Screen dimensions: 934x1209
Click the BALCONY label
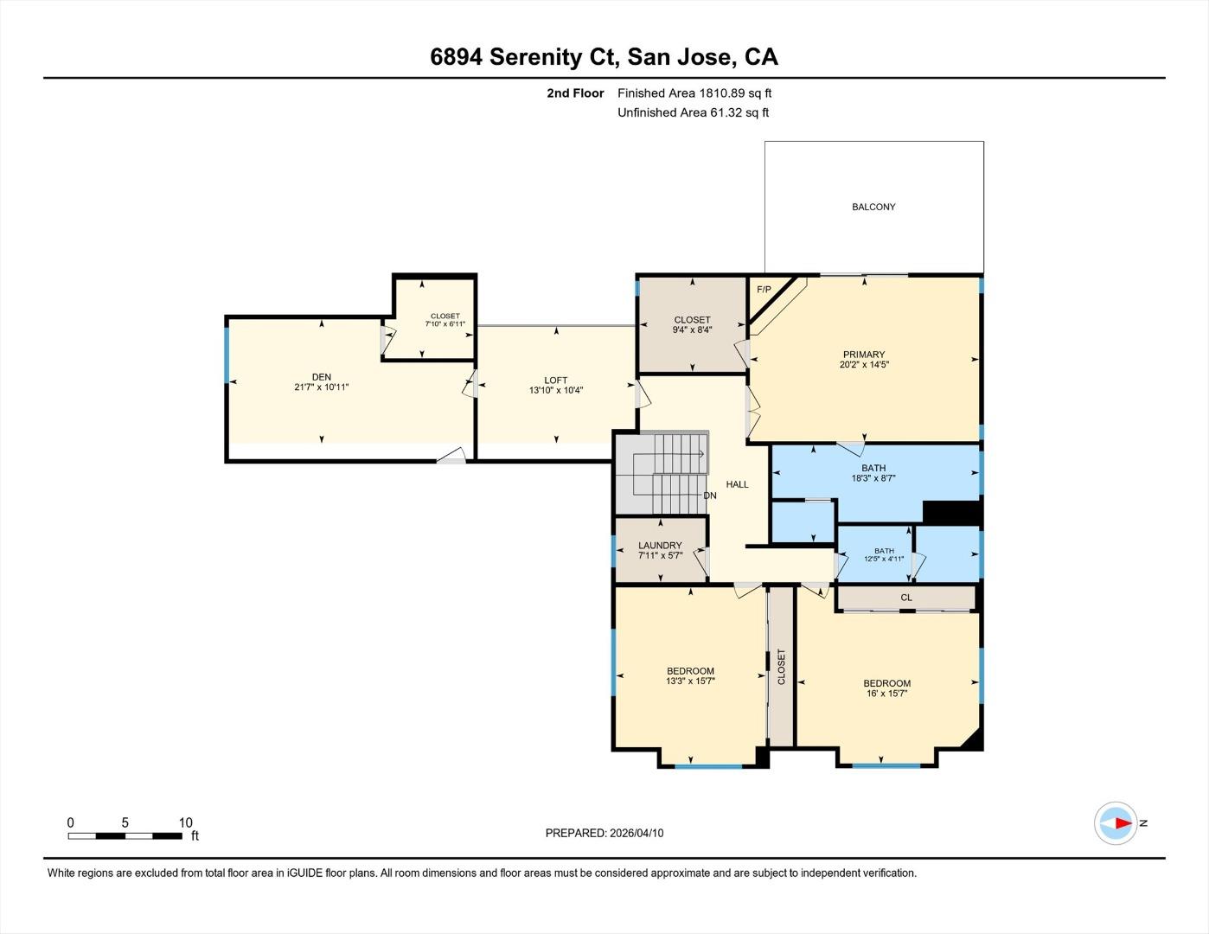pyautogui.click(x=873, y=207)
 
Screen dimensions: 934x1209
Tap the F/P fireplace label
pyautogui.click(x=764, y=289)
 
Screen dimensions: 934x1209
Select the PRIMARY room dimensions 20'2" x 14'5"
pyautogui.click(x=864, y=365)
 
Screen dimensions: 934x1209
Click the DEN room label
pyautogui.click(x=322, y=377)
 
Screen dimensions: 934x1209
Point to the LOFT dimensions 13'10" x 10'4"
pyautogui.click(x=556, y=391)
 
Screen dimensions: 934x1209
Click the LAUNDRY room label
pyautogui.click(x=660, y=546)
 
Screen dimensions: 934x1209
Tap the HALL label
pyautogui.click(x=737, y=484)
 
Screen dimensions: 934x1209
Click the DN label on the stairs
pyautogui.click(x=709, y=496)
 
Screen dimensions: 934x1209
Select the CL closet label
pyautogui.click(x=906, y=598)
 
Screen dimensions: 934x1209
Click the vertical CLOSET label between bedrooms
pyautogui.click(x=781, y=667)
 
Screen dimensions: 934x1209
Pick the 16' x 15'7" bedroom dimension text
pyautogui.click(x=886, y=694)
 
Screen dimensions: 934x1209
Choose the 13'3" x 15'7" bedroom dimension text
pyautogui.click(x=690, y=681)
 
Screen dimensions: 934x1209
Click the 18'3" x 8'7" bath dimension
pyautogui.click(x=873, y=478)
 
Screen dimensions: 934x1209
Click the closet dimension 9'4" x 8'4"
pyautogui.click(x=692, y=329)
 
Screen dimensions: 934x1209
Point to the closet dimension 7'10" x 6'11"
pyautogui.click(x=445, y=324)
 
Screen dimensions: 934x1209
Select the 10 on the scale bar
pyautogui.click(x=185, y=822)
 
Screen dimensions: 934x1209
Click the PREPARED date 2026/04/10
pyautogui.click(x=636, y=833)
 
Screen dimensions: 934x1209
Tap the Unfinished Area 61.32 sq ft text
pyautogui.click(x=693, y=112)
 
